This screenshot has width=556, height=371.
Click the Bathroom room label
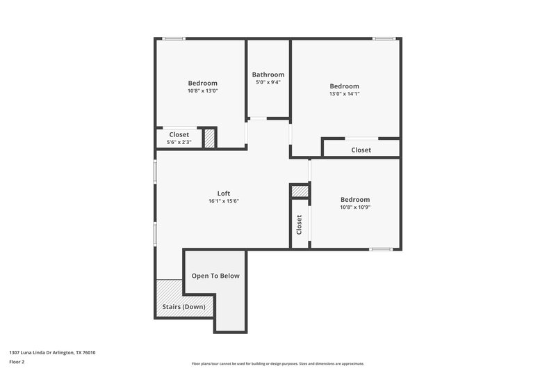tap(268, 74)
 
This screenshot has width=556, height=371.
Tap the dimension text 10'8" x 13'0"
tap(202, 90)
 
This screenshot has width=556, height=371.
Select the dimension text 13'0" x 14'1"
tap(344, 93)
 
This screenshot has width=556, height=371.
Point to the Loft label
tap(223, 194)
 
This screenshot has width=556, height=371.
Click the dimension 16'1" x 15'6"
tap(223, 201)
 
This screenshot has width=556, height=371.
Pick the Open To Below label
tap(215, 276)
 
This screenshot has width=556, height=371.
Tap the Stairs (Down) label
tap(183, 306)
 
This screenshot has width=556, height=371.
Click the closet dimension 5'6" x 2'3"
tap(179, 142)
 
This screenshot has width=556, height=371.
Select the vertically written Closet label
tap(300, 224)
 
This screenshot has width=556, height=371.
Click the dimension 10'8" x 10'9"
tap(355, 207)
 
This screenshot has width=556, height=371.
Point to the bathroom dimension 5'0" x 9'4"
tap(268, 82)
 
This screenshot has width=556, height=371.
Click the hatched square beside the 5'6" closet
tap(209, 137)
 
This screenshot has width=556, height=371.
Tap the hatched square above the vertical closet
tap(299, 191)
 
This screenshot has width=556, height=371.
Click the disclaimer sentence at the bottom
tap(277, 363)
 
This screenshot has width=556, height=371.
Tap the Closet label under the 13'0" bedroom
tap(361, 150)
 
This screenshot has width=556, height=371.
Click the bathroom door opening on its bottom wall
tap(257, 118)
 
